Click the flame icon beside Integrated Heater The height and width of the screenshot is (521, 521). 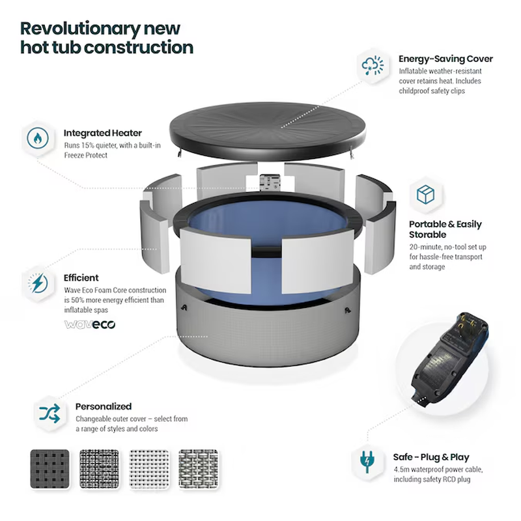pyautogui.click(x=38, y=138)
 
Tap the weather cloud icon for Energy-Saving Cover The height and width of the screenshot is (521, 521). pyautogui.click(x=373, y=64)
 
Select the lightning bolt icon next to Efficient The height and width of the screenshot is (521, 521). pyautogui.click(x=38, y=283)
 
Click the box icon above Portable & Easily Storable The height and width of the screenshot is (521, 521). pyautogui.click(x=425, y=194)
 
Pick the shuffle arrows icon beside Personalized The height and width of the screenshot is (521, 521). pyautogui.click(x=49, y=414)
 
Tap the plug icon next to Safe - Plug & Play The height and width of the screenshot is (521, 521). pyautogui.click(x=367, y=462)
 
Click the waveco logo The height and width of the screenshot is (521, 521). pyautogui.click(x=90, y=324)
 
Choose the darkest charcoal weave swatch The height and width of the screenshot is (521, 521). pyautogui.click(x=50, y=469)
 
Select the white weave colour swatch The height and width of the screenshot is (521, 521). pyautogui.click(x=149, y=469)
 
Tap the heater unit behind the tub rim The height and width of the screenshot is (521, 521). pyautogui.click(x=270, y=182)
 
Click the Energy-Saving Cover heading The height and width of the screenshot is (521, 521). pyautogui.click(x=445, y=59)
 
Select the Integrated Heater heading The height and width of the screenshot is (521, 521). pyautogui.click(x=103, y=133)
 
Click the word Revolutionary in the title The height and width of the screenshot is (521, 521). pyautogui.click(x=80, y=29)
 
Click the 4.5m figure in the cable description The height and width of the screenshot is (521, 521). pyautogui.click(x=401, y=470)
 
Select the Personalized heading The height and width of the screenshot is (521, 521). pyautogui.click(x=104, y=406)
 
